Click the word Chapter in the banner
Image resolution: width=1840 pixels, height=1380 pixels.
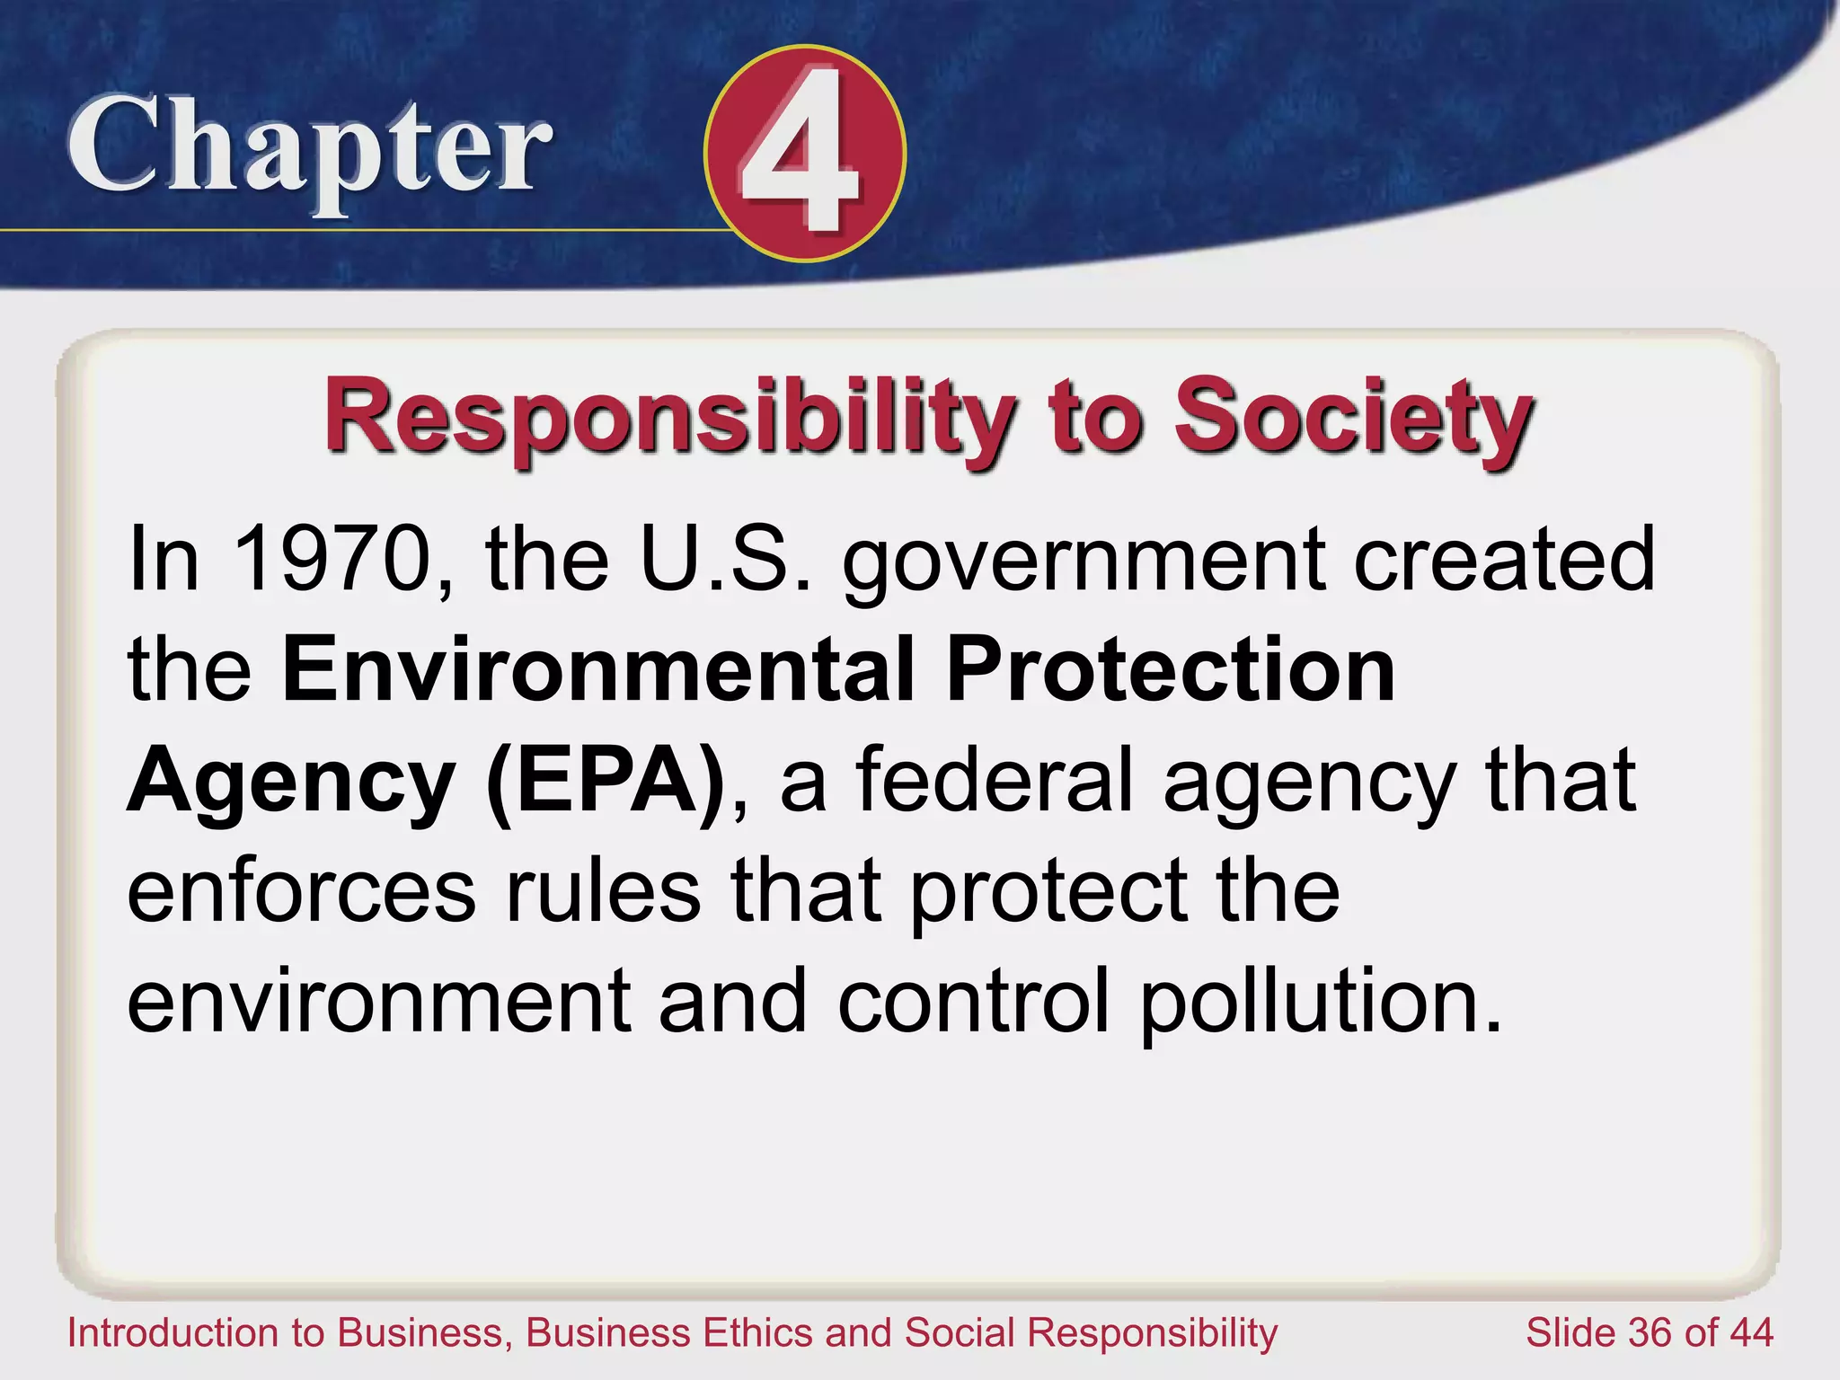pyautogui.click(x=309, y=148)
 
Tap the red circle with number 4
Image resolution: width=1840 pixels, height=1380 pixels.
pyautogui.click(x=805, y=154)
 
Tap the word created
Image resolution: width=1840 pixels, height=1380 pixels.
pyautogui.click(x=1504, y=559)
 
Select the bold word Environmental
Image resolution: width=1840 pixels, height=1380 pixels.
pyautogui.click(x=597, y=669)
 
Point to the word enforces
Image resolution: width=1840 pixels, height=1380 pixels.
pyautogui.click(x=301, y=890)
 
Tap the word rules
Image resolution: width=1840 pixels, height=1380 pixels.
pyautogui.click(x=603, y=890)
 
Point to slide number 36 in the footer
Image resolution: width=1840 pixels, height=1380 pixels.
pyautogui.click(x=1650, y=1332)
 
